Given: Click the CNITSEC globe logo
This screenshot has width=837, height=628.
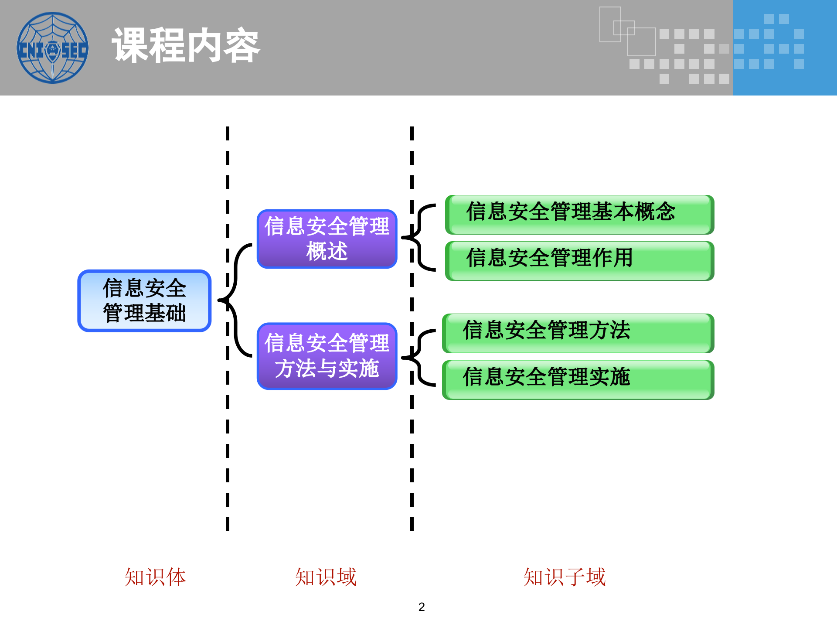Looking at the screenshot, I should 52,48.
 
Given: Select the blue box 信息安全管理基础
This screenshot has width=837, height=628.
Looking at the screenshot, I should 144,300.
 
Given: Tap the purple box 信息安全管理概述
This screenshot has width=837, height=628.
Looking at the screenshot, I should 327,239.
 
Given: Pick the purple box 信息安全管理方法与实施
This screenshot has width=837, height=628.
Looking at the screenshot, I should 327,356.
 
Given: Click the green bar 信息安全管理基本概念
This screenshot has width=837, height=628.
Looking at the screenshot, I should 579,214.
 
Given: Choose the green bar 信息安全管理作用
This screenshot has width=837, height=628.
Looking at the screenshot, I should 579,260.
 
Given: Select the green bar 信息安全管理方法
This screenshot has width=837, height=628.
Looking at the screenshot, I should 578,333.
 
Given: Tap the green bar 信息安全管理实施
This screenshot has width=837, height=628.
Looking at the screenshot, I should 578,379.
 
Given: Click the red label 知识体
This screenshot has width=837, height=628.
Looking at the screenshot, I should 155,577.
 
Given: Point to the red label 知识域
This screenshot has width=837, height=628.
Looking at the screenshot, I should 326,577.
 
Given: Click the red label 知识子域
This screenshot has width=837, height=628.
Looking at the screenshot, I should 565,577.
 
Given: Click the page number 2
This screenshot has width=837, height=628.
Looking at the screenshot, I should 421,607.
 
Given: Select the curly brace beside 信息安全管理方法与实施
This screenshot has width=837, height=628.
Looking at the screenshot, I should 418,358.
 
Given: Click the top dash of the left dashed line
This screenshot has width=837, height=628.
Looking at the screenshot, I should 228,133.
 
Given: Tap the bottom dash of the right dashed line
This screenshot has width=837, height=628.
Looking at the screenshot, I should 412,524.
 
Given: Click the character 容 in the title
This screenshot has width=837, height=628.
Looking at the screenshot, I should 242,45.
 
